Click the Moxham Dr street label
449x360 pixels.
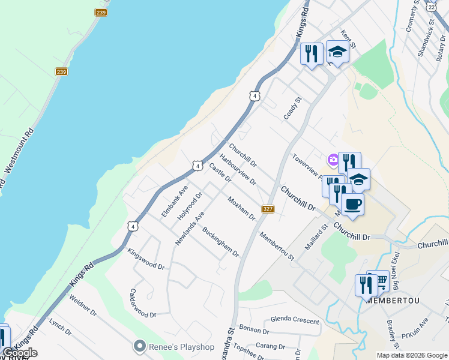(242, 208)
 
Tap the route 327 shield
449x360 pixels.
(268, 209)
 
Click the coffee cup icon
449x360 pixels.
(352, 205)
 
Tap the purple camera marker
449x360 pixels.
(333, 160)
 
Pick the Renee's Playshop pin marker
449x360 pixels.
(140, 346)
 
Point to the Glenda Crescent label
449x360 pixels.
(295, 320)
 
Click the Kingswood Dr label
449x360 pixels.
(146, 259)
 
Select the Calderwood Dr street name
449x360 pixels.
(143, 304)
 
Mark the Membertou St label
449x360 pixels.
(277, 246)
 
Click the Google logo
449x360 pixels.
(20, 352)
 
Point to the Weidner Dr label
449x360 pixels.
(83, 305)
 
